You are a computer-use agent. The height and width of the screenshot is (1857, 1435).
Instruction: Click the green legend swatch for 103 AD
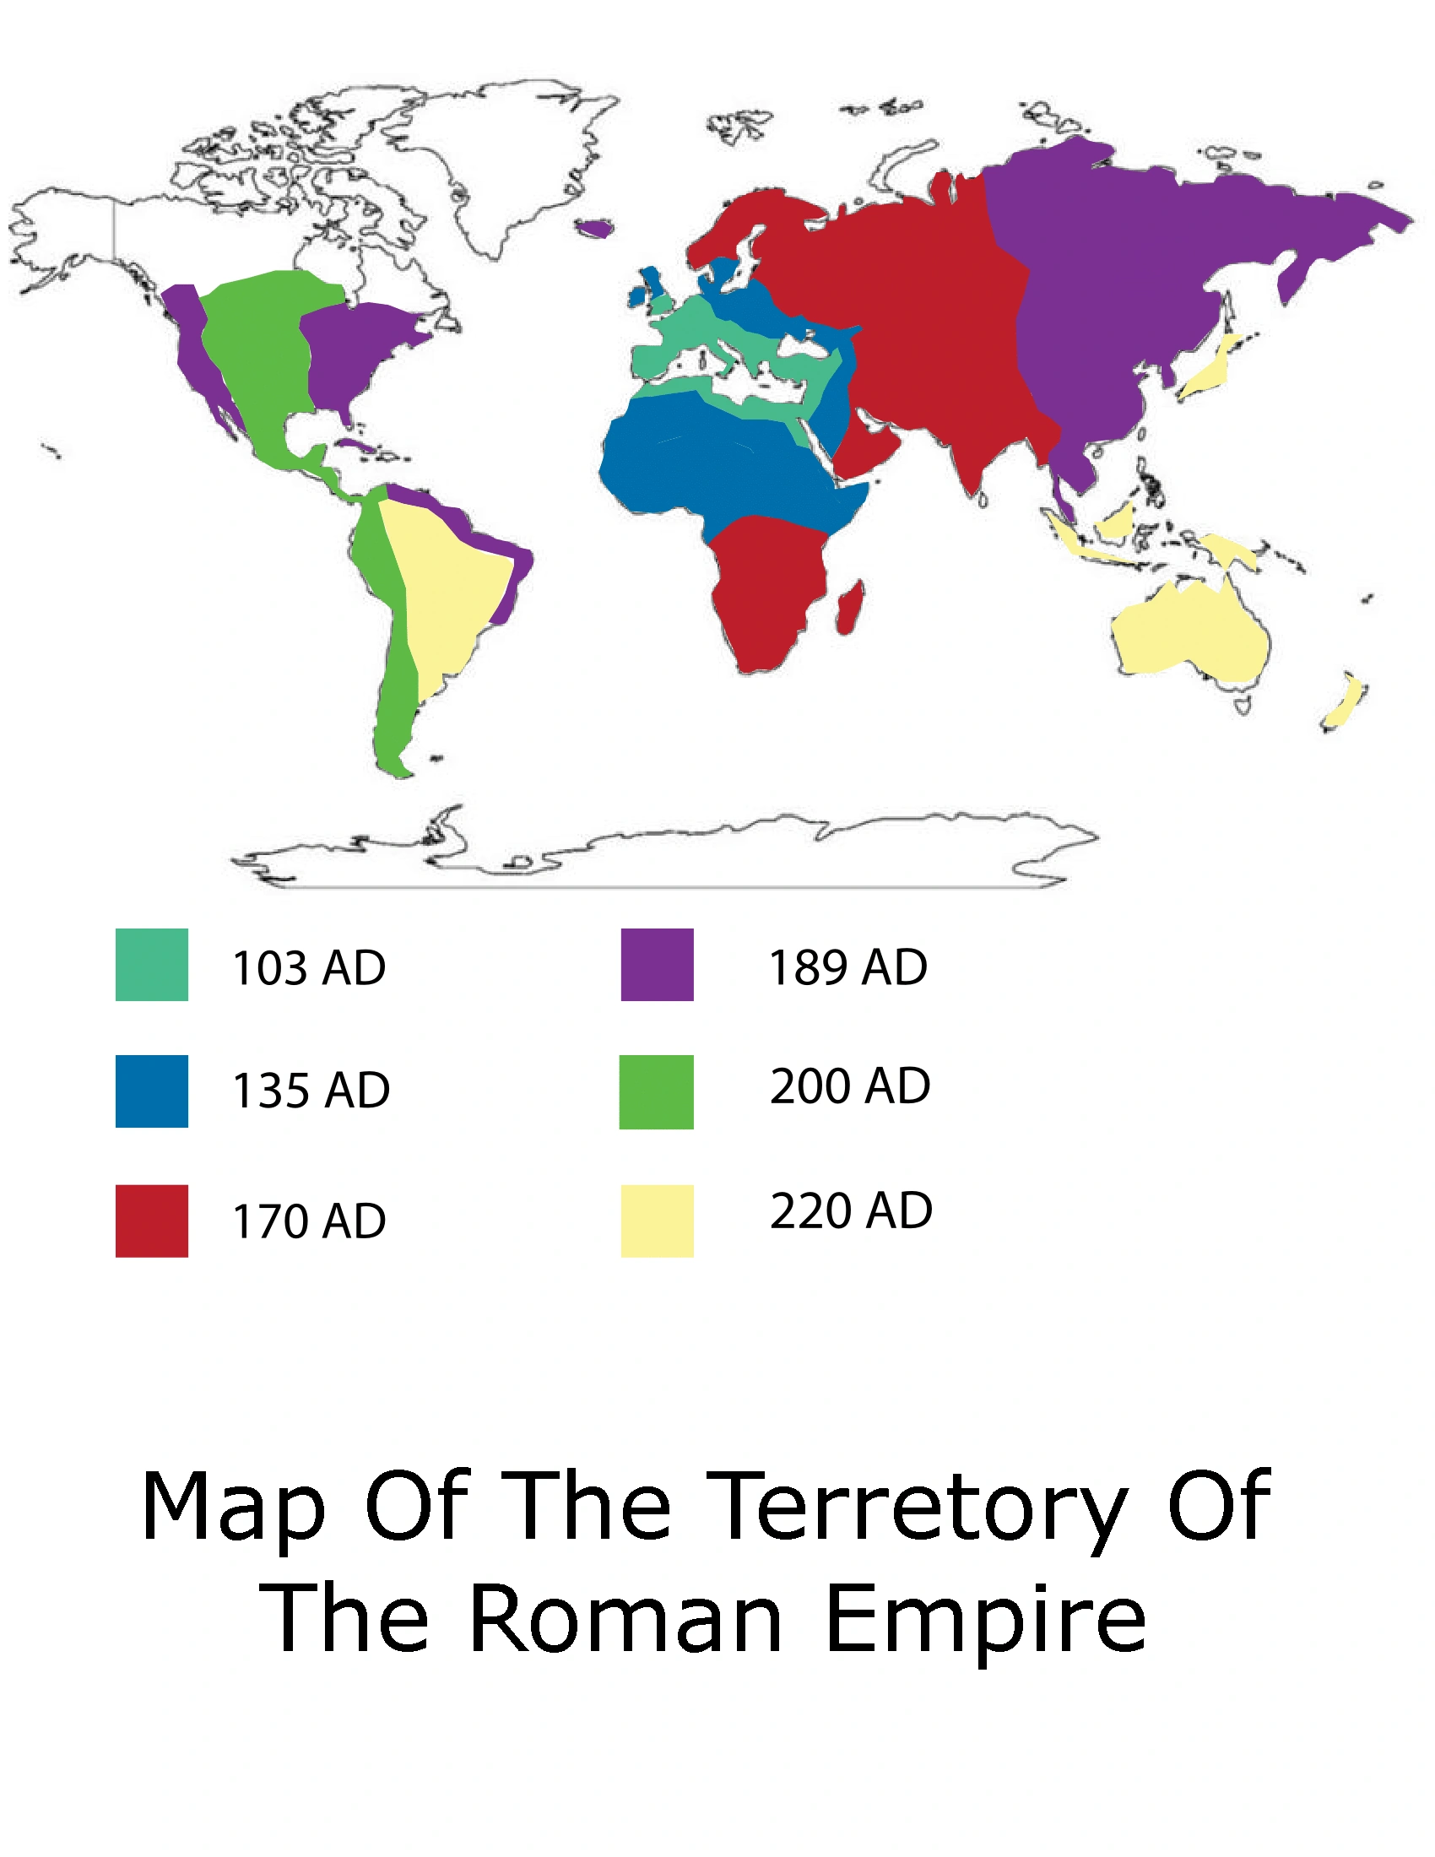coord(151,964)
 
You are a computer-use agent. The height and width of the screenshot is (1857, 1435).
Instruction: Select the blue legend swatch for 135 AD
coord(151,1091)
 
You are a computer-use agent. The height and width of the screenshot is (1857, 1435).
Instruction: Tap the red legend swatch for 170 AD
coord(151,1221)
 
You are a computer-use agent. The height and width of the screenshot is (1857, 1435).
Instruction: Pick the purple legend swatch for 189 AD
coord(657,964)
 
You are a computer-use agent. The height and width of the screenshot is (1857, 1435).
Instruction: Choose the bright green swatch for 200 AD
coord(656,1091)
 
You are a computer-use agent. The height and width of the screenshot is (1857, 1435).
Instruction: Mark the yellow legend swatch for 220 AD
coord(657,1221)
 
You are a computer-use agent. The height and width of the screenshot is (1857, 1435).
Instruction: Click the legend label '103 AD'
coord(310,967)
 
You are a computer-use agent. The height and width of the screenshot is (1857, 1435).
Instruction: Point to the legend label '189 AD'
coord(847,966)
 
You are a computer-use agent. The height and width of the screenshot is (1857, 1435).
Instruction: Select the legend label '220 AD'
coord(851,1210)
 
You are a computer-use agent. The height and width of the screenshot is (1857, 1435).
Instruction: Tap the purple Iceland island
coord(595,228)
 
